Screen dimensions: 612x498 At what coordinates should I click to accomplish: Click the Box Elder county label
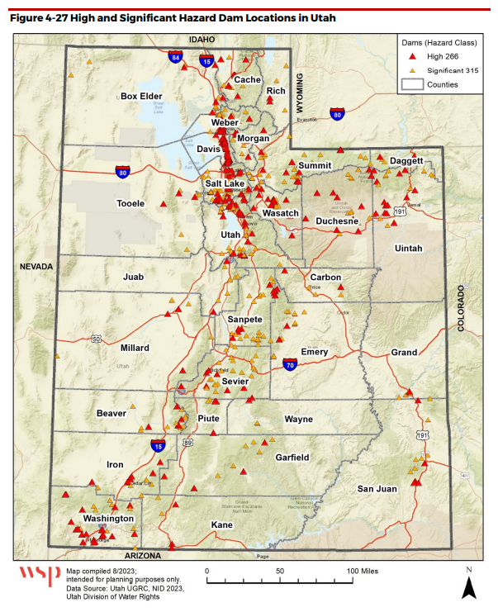[141, 96]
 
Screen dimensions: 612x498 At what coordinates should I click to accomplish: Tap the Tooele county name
[131, 203]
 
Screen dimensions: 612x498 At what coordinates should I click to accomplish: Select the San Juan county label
[377, 489]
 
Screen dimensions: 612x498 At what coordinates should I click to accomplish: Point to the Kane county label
[222, 525]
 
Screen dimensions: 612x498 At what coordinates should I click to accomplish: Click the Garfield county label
[292, 457]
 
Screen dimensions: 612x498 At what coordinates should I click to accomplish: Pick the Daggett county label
[406, 160]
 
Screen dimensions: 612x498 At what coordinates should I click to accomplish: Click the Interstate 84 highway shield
[175, 58]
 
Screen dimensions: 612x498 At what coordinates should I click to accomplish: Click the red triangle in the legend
[412, 58]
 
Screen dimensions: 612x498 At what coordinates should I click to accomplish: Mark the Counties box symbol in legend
[411, 84]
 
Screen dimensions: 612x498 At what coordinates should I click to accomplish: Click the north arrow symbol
[468, 587]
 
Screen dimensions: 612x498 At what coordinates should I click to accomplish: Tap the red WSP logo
[39, 576]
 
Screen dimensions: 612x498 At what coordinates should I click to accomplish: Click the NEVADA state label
[37, 267]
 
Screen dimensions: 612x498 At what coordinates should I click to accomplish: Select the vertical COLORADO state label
[461, 308]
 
